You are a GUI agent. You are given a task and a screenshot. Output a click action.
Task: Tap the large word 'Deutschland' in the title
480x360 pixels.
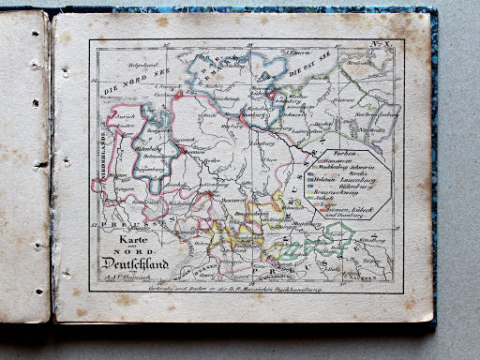133,262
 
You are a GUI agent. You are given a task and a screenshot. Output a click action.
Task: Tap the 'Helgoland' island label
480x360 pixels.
145,65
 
